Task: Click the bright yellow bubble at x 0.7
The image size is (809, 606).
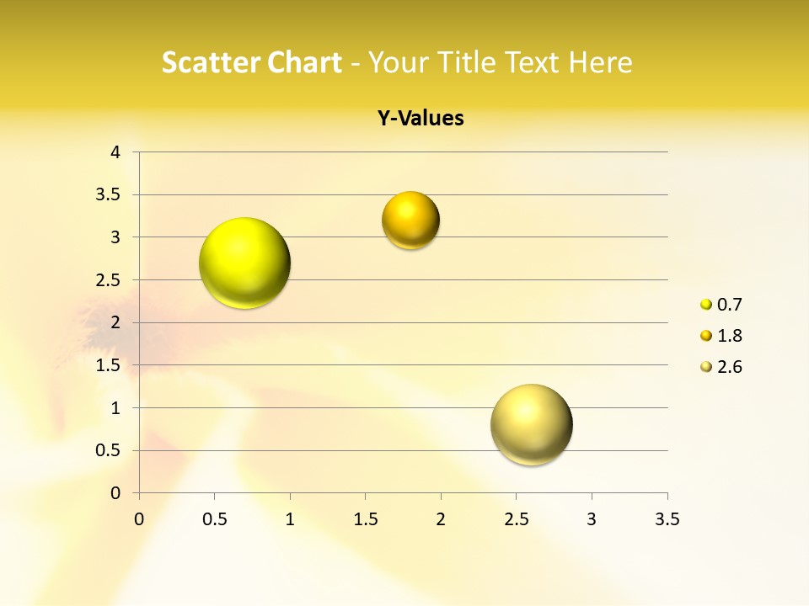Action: pos(244,263)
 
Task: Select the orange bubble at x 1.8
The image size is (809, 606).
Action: pos(410,221)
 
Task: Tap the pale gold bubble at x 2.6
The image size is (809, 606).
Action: pos(531,424)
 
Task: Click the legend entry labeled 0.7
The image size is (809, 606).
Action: pos(722,305)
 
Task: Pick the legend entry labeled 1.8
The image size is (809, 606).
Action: pos(722,336)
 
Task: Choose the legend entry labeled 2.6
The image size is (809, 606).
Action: pos(722,367)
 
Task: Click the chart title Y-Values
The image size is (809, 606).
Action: pos(421,119)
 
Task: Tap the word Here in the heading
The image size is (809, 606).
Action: pos(600,62)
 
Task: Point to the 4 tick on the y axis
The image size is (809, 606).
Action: pos(116,152)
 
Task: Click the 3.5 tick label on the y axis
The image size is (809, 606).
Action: pos(110,195)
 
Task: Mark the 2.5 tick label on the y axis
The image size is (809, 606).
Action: pos(110,280)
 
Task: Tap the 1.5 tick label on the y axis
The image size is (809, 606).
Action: pos(110,365)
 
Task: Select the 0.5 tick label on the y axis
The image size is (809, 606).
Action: pos(110,450)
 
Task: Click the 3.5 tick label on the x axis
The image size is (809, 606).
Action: pos(667,519)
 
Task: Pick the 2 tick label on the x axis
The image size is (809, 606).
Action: pos(441,519)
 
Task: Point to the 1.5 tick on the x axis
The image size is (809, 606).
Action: pos(365,519)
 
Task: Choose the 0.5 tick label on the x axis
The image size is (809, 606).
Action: pos(215,519)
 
